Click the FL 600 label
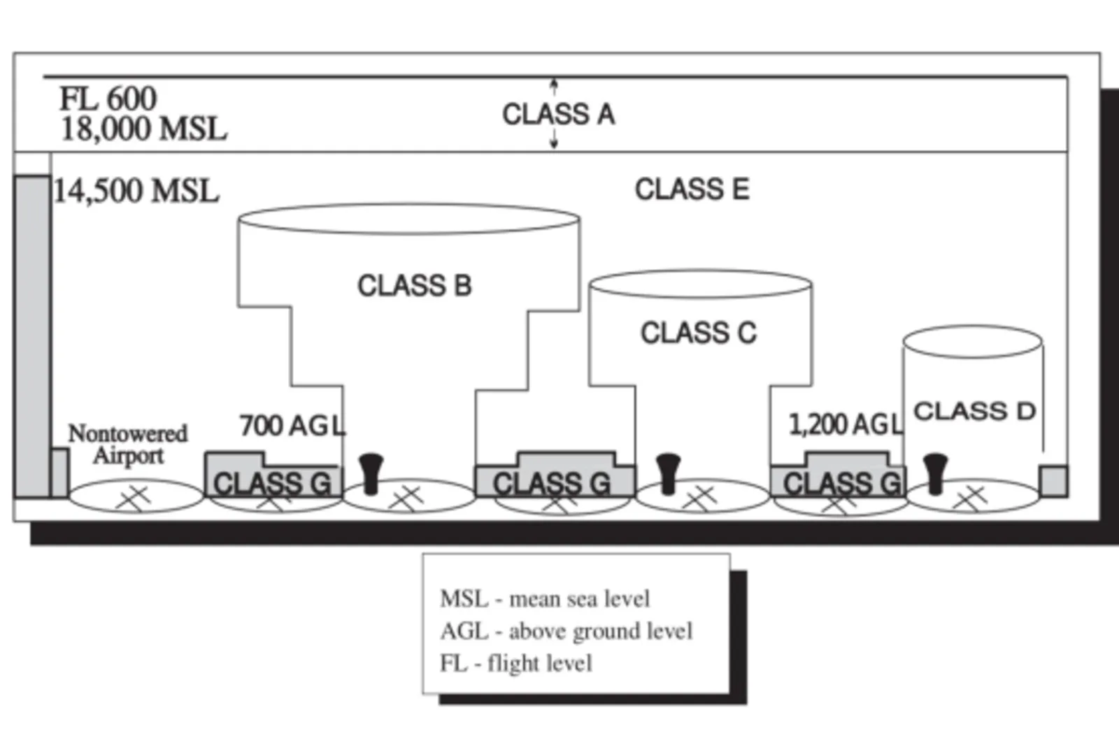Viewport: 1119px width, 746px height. [108, 99]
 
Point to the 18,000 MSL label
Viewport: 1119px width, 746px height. [144, 129]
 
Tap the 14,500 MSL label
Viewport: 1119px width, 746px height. [136, 191]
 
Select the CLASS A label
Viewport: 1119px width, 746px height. [559, 115]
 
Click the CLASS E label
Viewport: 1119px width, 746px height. [692, 189]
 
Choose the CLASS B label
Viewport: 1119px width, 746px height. [415, 286]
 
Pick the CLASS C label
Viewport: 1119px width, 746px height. [699, 333]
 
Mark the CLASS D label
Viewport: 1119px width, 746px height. [975, 411]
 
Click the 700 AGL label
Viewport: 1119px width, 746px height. [292, 426]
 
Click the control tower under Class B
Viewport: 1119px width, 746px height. [371, 474]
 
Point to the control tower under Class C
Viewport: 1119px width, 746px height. [669, 474]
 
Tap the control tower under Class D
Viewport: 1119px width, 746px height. [935, 474]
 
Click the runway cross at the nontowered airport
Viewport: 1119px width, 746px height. [133, 498]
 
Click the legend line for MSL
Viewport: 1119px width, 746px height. [545, 598]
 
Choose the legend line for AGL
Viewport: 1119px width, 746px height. [566, 631]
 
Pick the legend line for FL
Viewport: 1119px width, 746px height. [515, 663]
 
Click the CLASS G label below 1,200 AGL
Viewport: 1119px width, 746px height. [842, 483]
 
